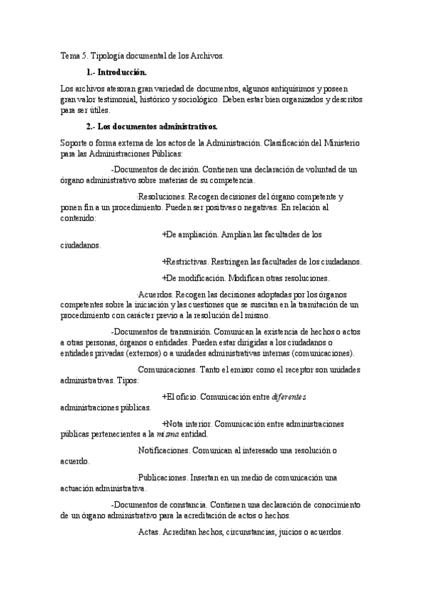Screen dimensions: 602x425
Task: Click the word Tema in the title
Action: coord(70,56)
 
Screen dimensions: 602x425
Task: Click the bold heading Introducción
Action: coord(122,72)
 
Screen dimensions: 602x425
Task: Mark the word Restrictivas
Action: coord(190,261)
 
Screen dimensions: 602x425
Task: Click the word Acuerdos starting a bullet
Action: coord(155,294)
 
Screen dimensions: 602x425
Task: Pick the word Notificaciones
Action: coord(164,450)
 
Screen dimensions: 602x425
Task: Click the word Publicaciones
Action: coord(162,478)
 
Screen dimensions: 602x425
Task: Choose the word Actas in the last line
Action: coord(148,532)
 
